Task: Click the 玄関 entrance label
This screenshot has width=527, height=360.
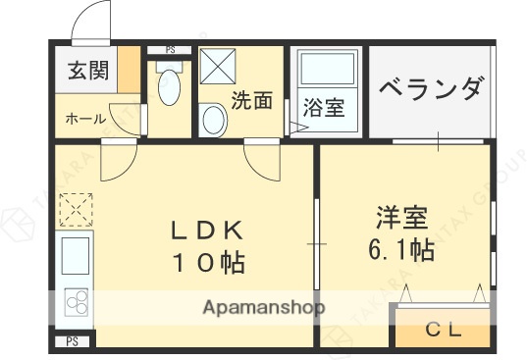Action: click(x=87, y=71)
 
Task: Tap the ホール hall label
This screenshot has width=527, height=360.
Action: click(x=86, y=119)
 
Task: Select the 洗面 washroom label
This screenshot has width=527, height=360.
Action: click(x=251, y=99)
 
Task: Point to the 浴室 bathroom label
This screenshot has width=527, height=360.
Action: click(x=323, y=107)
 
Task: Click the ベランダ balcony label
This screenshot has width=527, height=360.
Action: click(x=431, y=89)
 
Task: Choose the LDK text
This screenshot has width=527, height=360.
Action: click(x=206, y=232)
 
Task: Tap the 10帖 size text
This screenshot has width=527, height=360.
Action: click(x=209, y=262)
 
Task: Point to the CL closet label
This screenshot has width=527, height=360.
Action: click(x=441, y=330)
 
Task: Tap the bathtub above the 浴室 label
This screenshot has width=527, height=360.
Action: click(x=325, y=70)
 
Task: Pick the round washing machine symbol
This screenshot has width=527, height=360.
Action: click(x=213, y=121)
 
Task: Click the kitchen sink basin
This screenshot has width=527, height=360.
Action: click(x=76, y=257)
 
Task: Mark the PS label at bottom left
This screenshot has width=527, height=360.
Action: click(x=72, y=341)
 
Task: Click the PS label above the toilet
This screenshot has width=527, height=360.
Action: click(x=170, y=49)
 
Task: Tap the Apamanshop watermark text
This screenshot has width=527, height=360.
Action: click(x=263, y=307)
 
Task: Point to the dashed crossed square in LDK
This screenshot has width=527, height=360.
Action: click(x=75, y=208)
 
